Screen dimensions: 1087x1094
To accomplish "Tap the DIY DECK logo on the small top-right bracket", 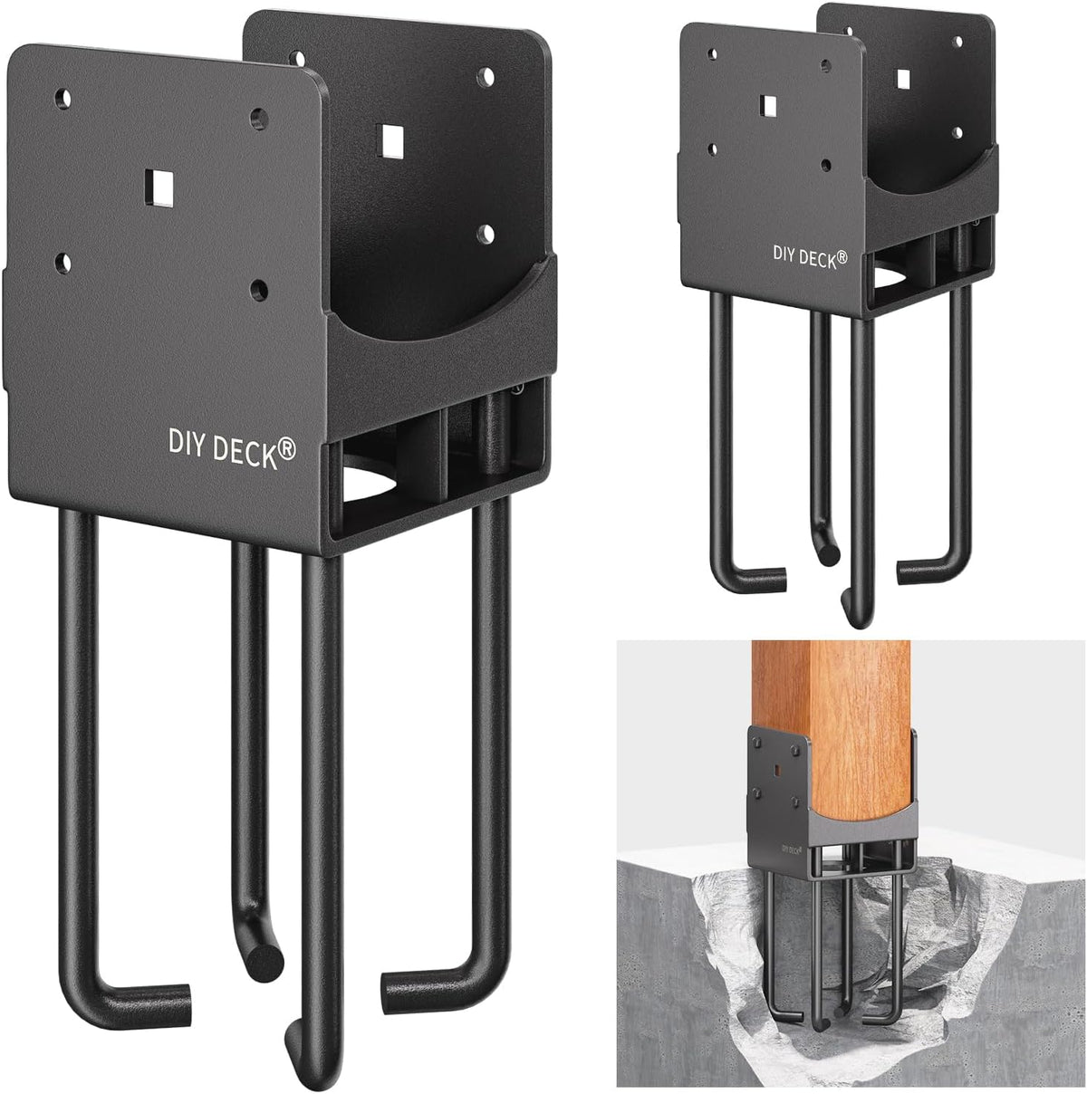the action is pos(810,256).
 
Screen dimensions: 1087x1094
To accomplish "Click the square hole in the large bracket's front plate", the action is pos(158,187).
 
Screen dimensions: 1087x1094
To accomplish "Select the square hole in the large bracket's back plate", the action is pos(392,140).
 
